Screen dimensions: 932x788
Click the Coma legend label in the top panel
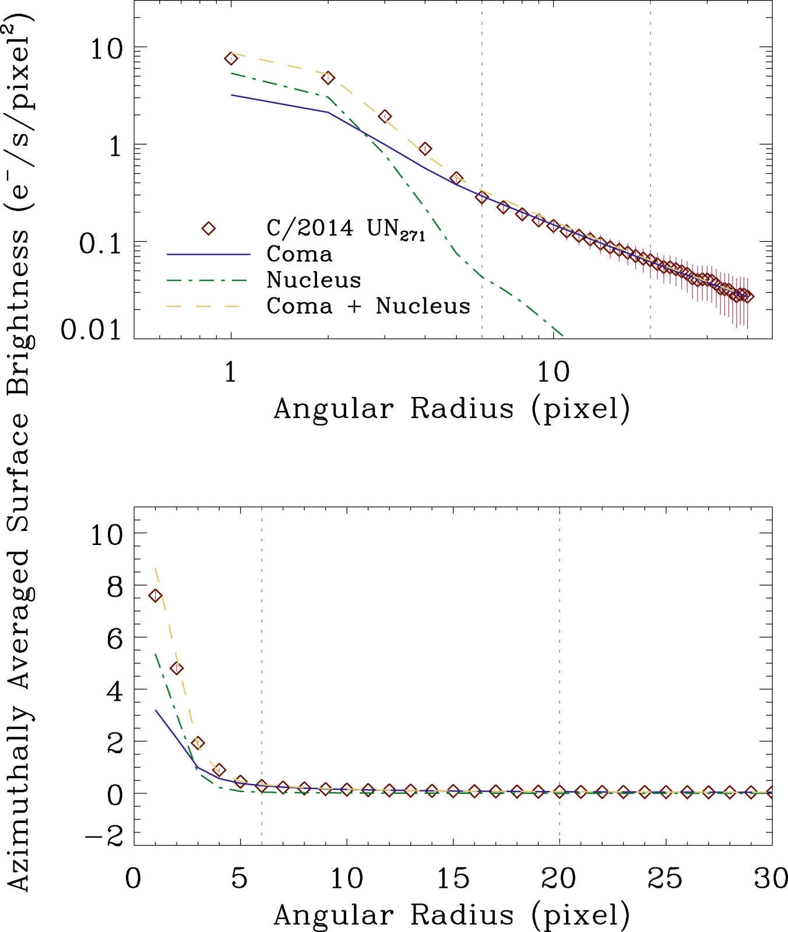[x=299, y=254]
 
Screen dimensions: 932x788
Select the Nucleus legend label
[x=314, y=280]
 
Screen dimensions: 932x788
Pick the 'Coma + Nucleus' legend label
[x=368, y=305]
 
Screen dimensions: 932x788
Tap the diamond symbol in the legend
[x=209, y=228]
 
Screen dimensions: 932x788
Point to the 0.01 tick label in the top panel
[x=91, y=330]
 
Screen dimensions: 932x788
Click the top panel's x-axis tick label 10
[x=553, y=371]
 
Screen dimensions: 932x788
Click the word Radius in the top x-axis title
[x=462, y=409]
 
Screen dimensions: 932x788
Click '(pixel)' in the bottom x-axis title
[x=581, y=915]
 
